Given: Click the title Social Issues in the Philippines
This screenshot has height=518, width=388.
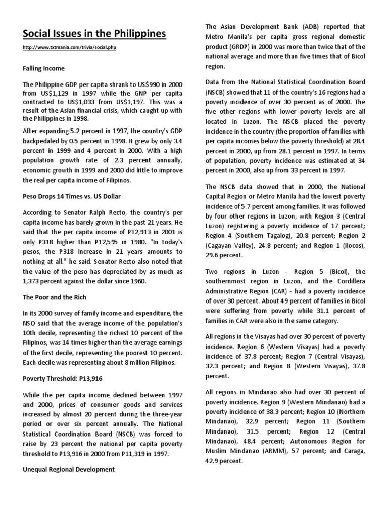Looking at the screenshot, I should pos(94,34).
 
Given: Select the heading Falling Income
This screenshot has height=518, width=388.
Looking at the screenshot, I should pos(43,68).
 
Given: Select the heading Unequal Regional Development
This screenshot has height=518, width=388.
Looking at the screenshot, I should pos(69,470).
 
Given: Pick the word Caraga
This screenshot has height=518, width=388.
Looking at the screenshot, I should pos(349,451).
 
